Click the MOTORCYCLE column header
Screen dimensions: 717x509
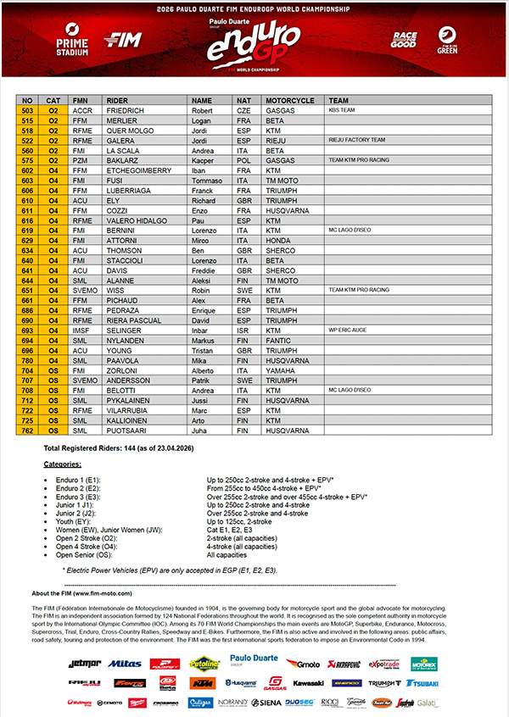pyautogui.click(x=288, y=100)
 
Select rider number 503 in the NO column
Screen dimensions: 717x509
pyautogui.click(x=27, y=110)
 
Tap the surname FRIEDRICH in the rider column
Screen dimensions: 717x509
pyautogui.click(x=124, y=110)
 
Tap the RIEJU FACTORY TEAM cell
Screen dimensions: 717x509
pyautogui.click(x=356, y=140)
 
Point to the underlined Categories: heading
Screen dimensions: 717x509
pyautogui.click(x=63, y=464)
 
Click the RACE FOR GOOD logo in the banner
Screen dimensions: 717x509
pyautogui.click(x=404, y=39)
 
